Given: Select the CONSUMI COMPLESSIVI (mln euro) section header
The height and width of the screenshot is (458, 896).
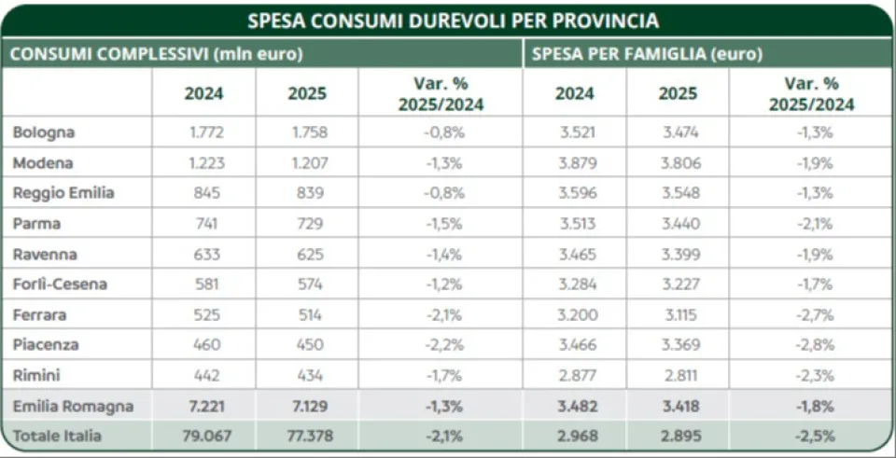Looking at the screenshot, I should pos(157,54).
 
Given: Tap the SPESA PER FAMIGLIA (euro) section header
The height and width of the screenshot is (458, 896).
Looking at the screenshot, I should pos(648,54).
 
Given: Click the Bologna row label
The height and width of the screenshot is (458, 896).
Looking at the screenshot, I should pos(44,132).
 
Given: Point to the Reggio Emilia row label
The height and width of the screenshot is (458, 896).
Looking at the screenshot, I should pos(63,193).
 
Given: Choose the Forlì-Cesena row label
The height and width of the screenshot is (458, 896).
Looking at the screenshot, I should pos(60,285).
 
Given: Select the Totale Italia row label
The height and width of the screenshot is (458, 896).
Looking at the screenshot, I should pos(57,436).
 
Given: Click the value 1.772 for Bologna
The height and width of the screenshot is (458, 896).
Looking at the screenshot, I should pos(204,132).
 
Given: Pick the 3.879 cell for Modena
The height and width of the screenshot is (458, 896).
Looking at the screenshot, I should pos(574,163).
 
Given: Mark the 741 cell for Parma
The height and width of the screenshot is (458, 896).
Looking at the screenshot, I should pos(204,224).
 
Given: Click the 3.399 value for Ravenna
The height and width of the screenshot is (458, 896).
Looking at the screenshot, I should pos(678,255).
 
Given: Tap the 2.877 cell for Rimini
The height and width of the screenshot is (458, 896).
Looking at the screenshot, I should pos(574,376).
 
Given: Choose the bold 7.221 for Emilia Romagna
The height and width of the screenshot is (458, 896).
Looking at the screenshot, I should pos(204,407).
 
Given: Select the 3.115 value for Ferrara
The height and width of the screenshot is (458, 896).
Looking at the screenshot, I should pos(678,315).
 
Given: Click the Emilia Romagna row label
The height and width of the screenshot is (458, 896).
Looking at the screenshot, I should pos(73,407).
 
